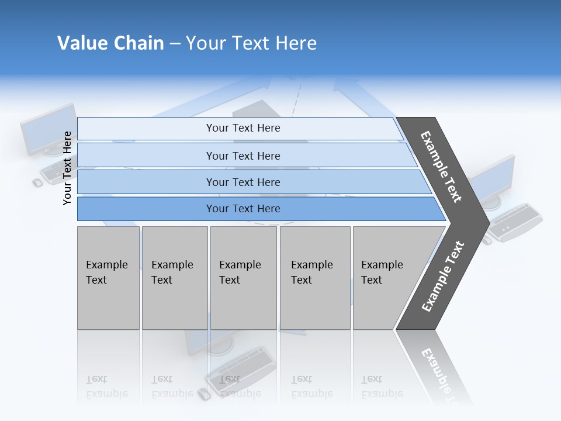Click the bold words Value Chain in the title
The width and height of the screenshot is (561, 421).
(x=110, y=43)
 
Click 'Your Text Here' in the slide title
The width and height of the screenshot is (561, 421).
(x=251, y=43)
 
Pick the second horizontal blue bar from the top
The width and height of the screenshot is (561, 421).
(x=243, y=156)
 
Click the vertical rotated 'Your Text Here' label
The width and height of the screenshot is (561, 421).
(x=67, y=168)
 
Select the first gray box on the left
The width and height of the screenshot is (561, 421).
(x=108, y=278)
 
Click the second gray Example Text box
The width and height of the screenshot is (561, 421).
(x=174, y=278)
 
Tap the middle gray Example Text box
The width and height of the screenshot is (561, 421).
(x=243, y=278)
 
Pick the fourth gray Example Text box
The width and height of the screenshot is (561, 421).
(x=314, y=278)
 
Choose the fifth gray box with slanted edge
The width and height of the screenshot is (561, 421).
(x=386, y=278)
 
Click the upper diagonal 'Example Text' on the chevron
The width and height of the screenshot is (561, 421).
(x=441, y=167)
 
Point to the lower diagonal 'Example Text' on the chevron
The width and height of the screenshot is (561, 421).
(x=442, y=277)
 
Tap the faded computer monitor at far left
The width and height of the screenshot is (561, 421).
(x=47, y=130)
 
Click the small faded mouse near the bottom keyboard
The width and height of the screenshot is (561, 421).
(x=203, y=394)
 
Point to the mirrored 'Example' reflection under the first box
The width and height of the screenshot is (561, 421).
(x=107, y=394)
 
